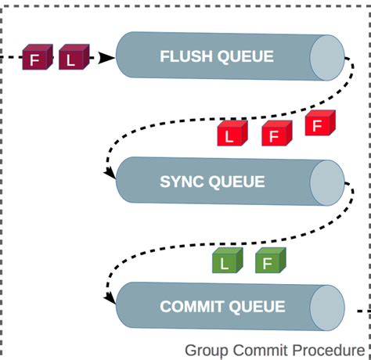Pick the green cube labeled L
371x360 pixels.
226,262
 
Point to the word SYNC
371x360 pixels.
183,182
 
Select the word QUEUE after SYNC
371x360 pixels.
238,182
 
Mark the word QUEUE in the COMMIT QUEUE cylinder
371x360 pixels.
256,307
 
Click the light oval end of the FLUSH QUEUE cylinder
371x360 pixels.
326,57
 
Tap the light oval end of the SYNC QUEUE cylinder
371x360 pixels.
326,182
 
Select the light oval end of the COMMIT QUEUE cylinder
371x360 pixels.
326,307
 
